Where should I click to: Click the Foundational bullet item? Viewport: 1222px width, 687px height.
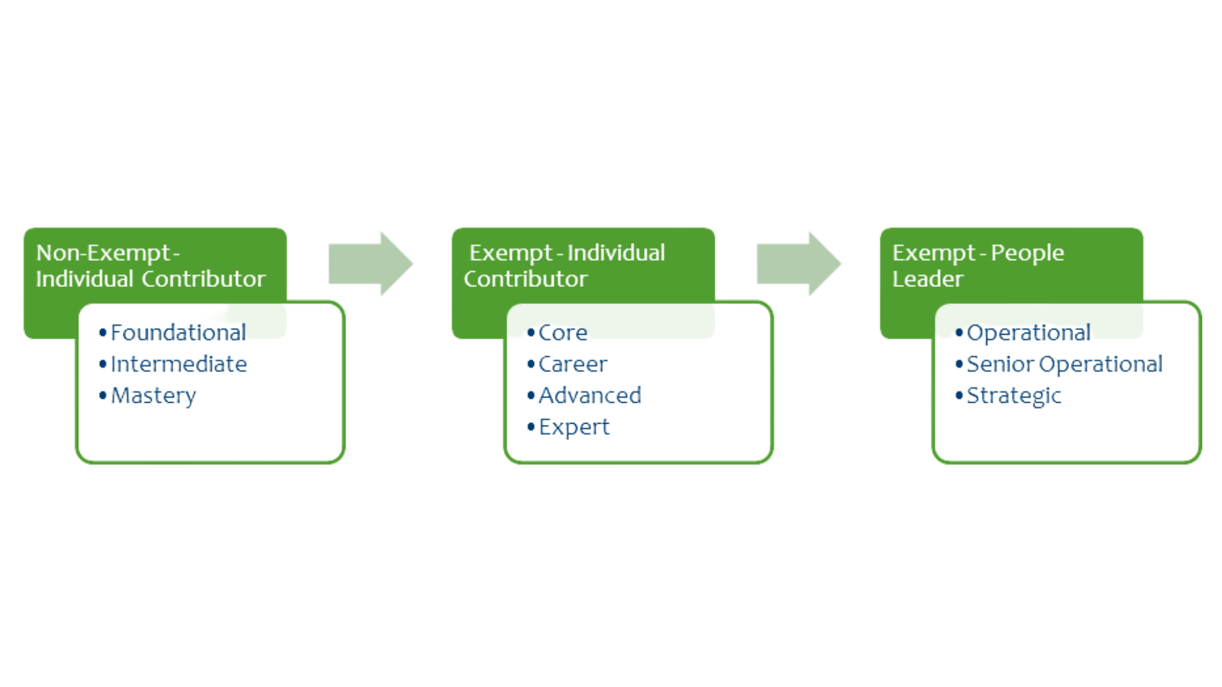pos(178,333)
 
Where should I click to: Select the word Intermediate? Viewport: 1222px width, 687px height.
pos(178,364)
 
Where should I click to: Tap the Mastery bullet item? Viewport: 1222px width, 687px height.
pos(153,396)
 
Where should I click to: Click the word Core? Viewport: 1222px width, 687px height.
pos(563,333)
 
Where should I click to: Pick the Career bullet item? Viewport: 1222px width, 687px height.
pos(573,364)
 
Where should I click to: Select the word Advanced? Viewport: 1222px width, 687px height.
pos(589,396)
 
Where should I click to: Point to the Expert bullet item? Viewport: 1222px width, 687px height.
pos(573,427)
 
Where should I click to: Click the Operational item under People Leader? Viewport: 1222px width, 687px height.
pos(1028,333)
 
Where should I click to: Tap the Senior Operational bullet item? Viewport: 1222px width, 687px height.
pos(1064,364)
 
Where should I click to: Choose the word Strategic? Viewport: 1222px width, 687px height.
pos(1013,396)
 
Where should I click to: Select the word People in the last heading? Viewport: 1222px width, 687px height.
pos(1027,253)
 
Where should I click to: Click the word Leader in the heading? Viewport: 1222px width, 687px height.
pos(927,279)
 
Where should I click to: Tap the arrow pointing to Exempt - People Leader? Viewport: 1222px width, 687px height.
pos(798,264)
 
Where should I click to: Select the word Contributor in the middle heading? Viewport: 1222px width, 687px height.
pos(525,279)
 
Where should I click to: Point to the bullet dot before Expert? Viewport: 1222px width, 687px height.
pos(531,426)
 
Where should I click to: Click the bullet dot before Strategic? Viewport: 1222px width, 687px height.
pos(959,395)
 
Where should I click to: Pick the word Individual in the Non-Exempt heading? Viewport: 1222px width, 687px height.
pos(85,279)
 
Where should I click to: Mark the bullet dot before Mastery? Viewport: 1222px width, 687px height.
pos(102,395)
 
